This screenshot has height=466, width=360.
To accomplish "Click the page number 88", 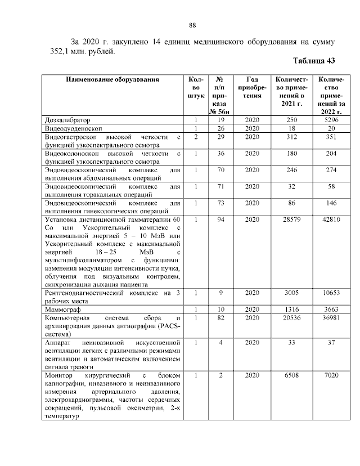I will [192, 25].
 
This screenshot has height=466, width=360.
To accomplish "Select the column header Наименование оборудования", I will [112, 79].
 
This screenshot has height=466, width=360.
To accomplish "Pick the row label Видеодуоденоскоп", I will [72, 128].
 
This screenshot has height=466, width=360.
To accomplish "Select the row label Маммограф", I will [63, 310].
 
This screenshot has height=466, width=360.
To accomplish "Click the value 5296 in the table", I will [331, 120].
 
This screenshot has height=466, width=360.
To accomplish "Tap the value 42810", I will [331, 219].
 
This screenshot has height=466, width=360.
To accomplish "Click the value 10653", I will [331, 293].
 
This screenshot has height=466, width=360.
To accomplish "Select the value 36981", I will [331, 318].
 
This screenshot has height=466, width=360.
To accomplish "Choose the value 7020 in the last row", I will [331, 375].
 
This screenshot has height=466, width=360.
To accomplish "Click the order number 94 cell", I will [221, 219].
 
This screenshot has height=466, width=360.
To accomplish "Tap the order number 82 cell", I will [221, 318].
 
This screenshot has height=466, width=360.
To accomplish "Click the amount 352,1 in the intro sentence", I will [55, 52].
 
